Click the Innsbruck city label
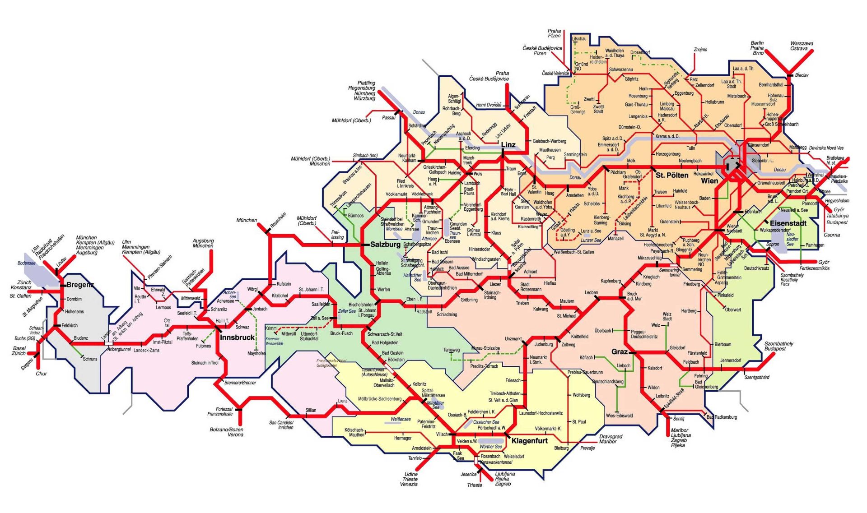[238, 337]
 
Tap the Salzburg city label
[385, 245]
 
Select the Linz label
[508, 145]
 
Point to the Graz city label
[619, 352]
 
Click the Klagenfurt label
[529, 441]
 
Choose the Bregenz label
[80, 285]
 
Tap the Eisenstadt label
[788, 223]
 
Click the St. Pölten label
[672, 175]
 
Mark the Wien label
[709, 181]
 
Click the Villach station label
[442, 434]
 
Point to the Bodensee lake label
[27, 263]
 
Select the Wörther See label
[490, 447]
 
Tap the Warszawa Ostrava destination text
[802, 46]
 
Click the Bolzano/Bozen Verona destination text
[227, 432]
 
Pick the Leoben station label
[591, 292]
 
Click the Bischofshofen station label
[361, 305]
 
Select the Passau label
[388, 118]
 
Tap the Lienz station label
[343, 401]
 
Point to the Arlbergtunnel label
[119, 349]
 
